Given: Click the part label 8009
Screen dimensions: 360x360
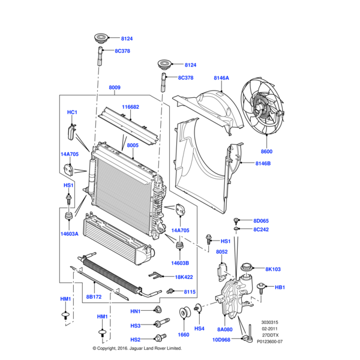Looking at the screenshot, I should [x=114, y=88].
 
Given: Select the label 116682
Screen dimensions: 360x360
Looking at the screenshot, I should [x=131, y=107].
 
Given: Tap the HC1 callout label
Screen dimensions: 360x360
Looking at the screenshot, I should [x=72, y=112].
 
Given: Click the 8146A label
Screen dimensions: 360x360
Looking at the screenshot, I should [x=221, y=78].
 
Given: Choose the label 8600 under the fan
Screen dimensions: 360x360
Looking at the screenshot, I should [x=266, y=152].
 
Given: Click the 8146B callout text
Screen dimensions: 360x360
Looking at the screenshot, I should [x=263, y=163].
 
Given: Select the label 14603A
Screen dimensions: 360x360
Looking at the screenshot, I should [x=69, y=233].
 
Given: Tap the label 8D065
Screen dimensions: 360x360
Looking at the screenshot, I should [x=262, y=221].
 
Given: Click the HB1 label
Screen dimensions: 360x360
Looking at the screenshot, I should [x=280, y=288].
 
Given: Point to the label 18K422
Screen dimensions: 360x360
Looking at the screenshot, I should [x=184, y=277].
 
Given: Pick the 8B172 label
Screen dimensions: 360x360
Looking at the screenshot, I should [x=94, y=297].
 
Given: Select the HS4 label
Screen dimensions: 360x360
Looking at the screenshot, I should [x=200, y=328].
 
